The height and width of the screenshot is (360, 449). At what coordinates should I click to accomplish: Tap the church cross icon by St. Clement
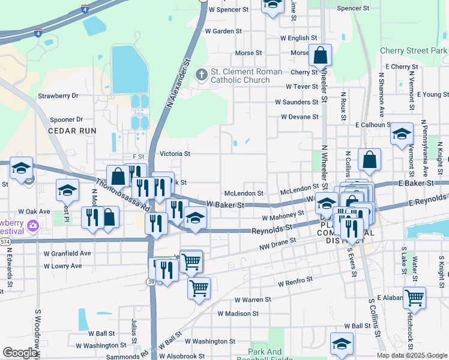pos(202,75)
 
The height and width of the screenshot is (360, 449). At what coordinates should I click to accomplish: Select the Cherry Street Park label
pos(414,52)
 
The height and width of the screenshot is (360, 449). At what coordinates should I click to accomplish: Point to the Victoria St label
pos(175,154)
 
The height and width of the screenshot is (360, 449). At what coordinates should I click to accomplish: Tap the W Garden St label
pos(223,31)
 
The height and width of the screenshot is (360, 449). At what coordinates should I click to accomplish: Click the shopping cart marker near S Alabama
pos(414,296)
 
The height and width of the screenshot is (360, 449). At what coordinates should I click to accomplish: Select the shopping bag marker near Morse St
pos(321,55)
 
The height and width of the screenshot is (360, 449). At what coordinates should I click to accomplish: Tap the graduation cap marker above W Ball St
pos(342,343)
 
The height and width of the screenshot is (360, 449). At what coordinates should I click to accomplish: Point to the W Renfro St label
pos(295,280)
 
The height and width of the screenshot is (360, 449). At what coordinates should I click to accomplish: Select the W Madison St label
pos(238,313)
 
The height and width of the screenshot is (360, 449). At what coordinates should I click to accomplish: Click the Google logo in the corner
pos(20,353)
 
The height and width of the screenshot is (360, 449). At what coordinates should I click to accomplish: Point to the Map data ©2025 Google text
pos(411,355)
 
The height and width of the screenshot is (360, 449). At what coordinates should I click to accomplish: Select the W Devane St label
pos(299,117)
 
